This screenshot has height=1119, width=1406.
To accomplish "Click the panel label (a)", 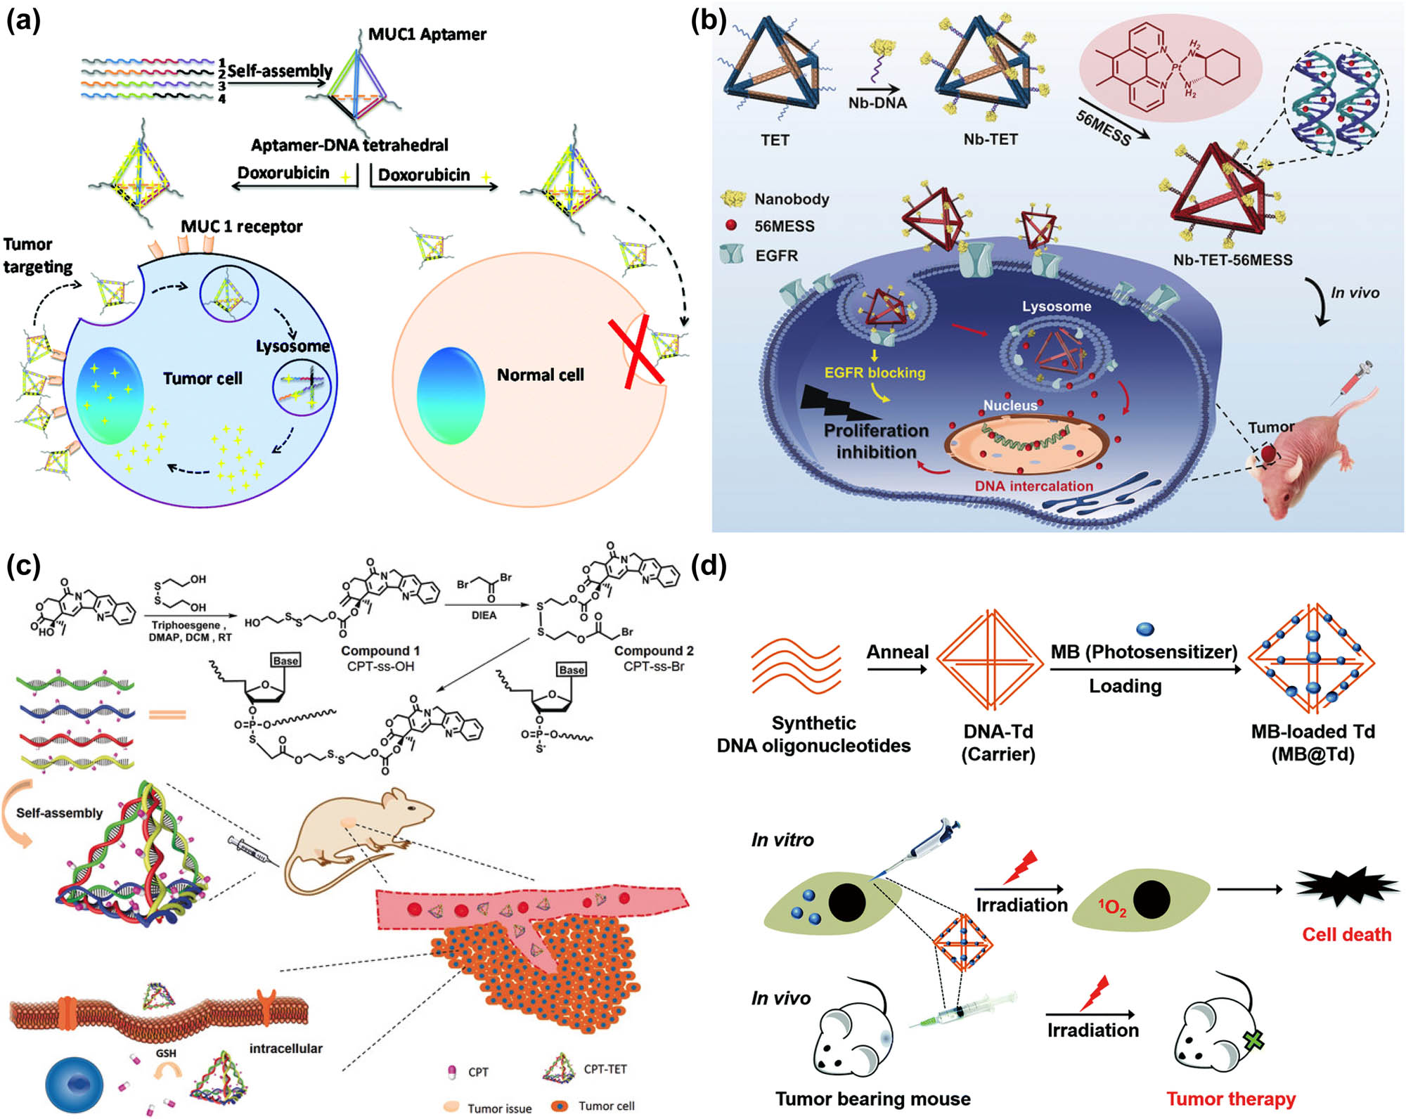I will pyautogui.click(x=23, y=21).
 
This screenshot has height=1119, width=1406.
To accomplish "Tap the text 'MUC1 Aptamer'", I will pyautogui.click(x=427, y=34).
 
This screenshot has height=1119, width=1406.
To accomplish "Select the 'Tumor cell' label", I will pyautogui.click(x=202, y=379).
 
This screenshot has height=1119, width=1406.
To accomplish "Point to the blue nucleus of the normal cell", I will pyautogui.click(x=451, y=395).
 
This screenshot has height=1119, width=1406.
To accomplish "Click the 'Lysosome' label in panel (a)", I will pyautogui.click(x=292, y=346).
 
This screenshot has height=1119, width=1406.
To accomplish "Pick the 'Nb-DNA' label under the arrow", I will pyautogui.click(x=877, y=103).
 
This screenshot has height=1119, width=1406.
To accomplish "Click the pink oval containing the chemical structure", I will pyautogui.click(x=1170, y=67).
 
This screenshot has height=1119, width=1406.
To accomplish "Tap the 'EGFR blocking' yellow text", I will pyautogui.click(x=875, y=373).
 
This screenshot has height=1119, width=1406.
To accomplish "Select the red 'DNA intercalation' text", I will pyautogui.click(x=1033, y=486).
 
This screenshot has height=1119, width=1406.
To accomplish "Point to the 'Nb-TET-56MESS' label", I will pyautogui.click(x=1232, y=260).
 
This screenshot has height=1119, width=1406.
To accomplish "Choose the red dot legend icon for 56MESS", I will pyautogui.click(x=731, y=226).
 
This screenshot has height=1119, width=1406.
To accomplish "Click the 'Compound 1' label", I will pyautogui.click(x=380, y=651).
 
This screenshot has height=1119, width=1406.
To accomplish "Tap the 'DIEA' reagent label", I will pyautogui.click(x=484, y=615).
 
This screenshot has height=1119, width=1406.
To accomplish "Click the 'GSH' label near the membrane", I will pyautogui.click(x=166, y=1053).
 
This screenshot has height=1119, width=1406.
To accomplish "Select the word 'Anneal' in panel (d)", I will pyautogui.click(x=897, y=652).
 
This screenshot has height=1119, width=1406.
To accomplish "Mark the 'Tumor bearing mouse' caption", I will pyautogui.click(x=872, y=1099).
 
